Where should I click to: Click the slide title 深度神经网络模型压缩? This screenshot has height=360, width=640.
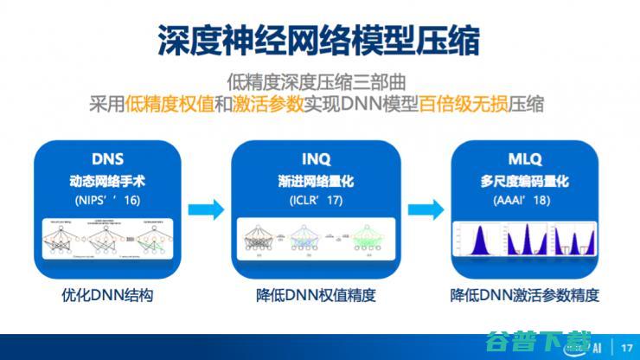click(319, 39)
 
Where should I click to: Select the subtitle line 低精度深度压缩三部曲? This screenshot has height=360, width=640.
click(319, 82)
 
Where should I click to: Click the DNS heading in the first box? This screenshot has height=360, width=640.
click(107, 159)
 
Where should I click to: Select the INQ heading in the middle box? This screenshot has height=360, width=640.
click(317, 159)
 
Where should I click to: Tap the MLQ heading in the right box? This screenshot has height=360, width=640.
click(525, 159)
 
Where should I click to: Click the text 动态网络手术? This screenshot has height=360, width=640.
click(107, 181)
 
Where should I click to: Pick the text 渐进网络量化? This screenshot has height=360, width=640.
click(317, 181)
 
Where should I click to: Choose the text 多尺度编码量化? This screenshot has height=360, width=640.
click(525, 181)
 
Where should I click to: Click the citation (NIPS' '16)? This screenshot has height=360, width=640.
click(107, 200)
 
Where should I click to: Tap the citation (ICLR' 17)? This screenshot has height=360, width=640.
click(317, 200)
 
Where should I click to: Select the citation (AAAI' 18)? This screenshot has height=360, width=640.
click(525, 200)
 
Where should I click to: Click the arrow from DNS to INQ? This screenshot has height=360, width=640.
click(207, 209)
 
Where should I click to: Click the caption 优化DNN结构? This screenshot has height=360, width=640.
click(107, 295)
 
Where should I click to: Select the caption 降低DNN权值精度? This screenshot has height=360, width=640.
click(317, 295)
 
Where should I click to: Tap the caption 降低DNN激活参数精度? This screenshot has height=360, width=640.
click(525, 295)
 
